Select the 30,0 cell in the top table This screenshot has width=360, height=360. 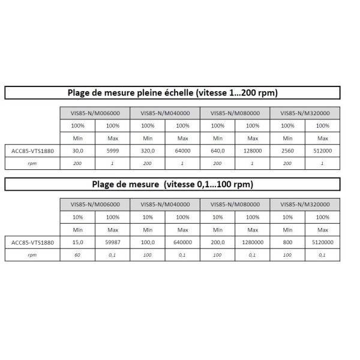[x=77, y=151]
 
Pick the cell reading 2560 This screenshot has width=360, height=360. [x=287, y=151]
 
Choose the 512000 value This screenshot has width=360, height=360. [x=322, y=151]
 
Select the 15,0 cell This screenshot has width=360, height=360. [x=77, y=242]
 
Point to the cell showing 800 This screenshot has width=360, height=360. [x=287, y=242]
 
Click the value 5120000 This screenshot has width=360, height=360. [x=322, y=242]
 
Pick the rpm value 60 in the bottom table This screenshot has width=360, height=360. [x=77, y=254]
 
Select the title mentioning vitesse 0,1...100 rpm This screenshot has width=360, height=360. [x=172, y=184]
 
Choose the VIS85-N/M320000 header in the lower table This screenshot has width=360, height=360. [x=305, y=204]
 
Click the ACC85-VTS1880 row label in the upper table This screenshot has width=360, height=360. [x=32, y=151]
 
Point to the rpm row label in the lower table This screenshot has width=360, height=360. [x=32, y=254]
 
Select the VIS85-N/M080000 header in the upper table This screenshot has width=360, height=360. [x=235, y=113]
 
